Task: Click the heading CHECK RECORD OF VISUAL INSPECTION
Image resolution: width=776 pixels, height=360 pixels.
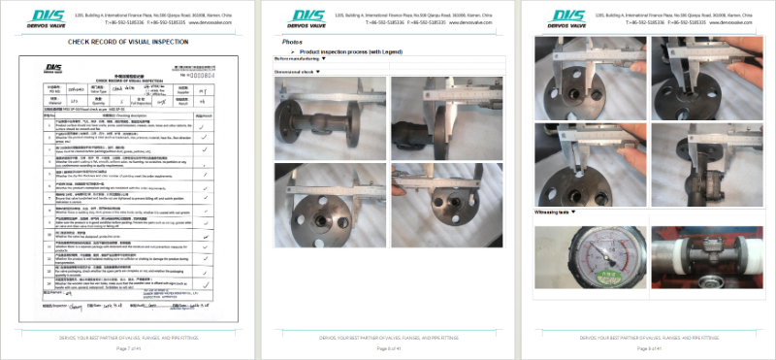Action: pyautogui.click(x=127, y=43)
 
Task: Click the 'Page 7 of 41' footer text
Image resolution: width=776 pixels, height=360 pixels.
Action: pyautogui.click(x=129, y=347)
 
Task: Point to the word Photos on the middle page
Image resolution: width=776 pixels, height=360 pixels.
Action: pyautogui.click(x=292, y=43)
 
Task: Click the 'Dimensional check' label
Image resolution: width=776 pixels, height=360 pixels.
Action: pyautogui.click(x=298, y=72)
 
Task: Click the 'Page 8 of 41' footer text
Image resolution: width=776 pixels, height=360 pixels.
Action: pyautogui.click(x=388, y=347)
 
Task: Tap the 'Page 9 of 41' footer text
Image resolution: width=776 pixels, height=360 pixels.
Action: pyautogui.click(x=647, y=347)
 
